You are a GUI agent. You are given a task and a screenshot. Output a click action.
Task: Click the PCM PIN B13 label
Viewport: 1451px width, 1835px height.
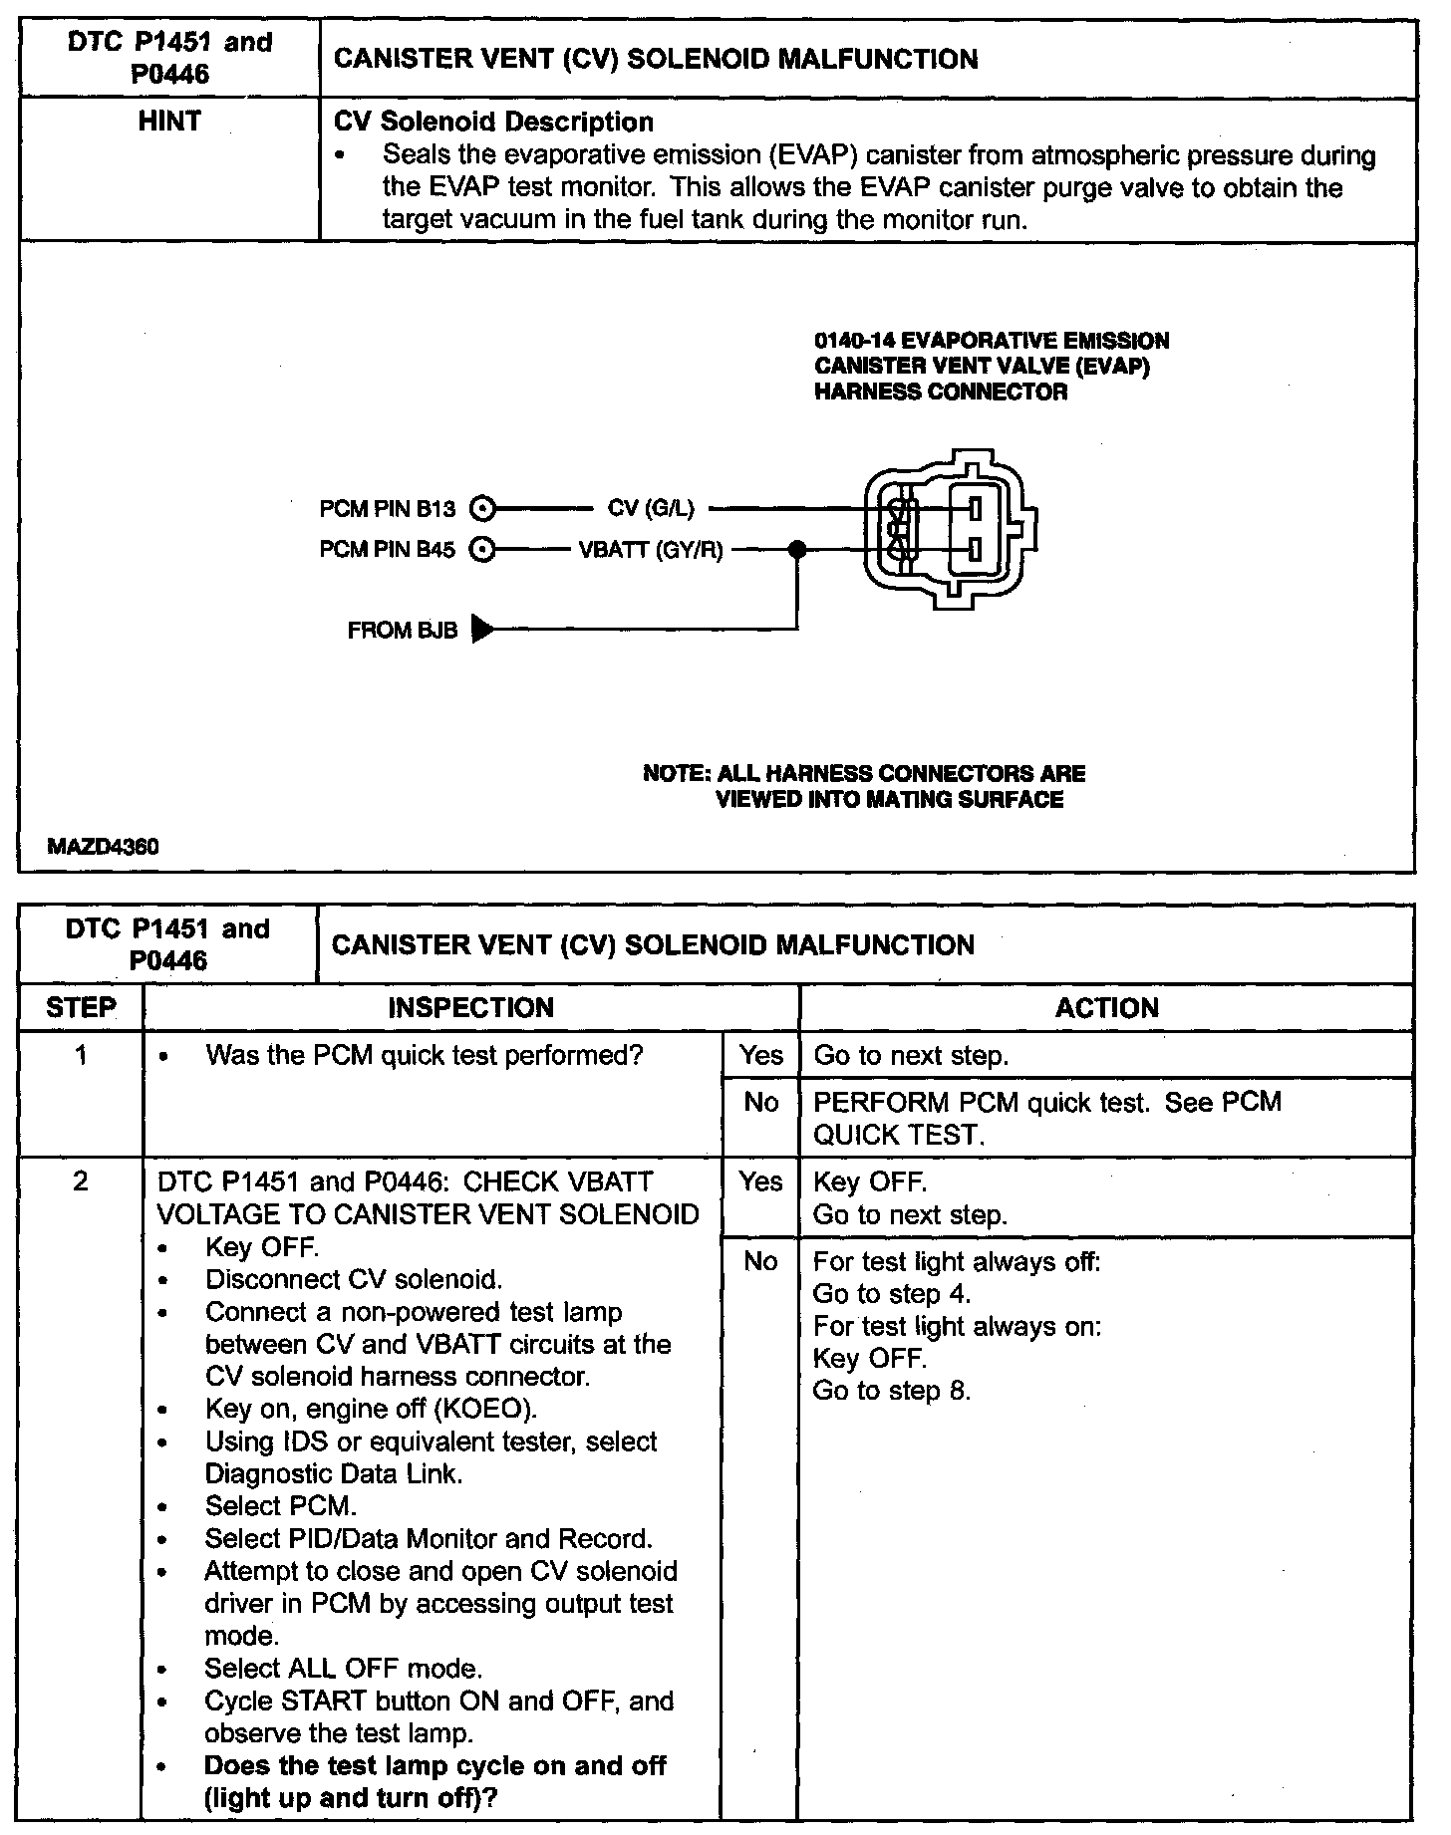pos(387,509)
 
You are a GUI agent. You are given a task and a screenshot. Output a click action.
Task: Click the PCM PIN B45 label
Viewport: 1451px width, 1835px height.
pos(387,549)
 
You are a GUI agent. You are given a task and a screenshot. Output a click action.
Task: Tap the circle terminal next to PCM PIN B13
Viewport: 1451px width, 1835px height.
pos(482,509)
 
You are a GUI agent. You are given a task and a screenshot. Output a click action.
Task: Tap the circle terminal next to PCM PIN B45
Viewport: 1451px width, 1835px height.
pos(482,549)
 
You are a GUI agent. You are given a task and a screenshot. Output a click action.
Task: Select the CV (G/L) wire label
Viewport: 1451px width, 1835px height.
pos(651,509)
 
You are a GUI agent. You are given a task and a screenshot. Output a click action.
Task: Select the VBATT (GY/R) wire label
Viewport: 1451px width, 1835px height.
pos(651,549)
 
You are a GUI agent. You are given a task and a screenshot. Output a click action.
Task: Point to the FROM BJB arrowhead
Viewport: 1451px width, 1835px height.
pos(482,630)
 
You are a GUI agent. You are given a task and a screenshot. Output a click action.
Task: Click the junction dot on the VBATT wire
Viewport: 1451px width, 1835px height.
pos(796,549)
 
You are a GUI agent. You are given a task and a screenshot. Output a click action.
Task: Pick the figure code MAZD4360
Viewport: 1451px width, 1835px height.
pos(104,847)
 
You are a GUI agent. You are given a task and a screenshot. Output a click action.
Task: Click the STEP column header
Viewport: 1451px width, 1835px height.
pos(81,1007)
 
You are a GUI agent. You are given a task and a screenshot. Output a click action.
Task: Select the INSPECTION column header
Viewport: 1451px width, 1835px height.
pos(470,1007)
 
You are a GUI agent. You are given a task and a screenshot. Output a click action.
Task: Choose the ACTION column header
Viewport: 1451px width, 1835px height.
pos(1106,1007)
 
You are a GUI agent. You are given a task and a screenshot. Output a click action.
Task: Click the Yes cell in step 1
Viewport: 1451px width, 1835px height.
pos(760,1056)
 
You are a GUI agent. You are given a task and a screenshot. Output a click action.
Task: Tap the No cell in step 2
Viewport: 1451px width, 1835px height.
pos(760,1262)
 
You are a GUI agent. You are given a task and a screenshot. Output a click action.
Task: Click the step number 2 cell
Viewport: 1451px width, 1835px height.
pos(81,1182)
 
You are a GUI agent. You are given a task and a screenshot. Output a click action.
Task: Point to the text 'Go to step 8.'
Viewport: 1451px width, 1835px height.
pos(892,1391)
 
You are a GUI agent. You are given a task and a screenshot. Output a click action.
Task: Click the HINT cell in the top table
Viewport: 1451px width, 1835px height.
pos(169,122)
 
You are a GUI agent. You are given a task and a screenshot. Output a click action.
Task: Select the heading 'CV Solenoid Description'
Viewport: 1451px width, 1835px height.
pos(494,123)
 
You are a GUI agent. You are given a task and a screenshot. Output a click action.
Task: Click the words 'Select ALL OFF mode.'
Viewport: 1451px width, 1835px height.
pos(344,1669)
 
